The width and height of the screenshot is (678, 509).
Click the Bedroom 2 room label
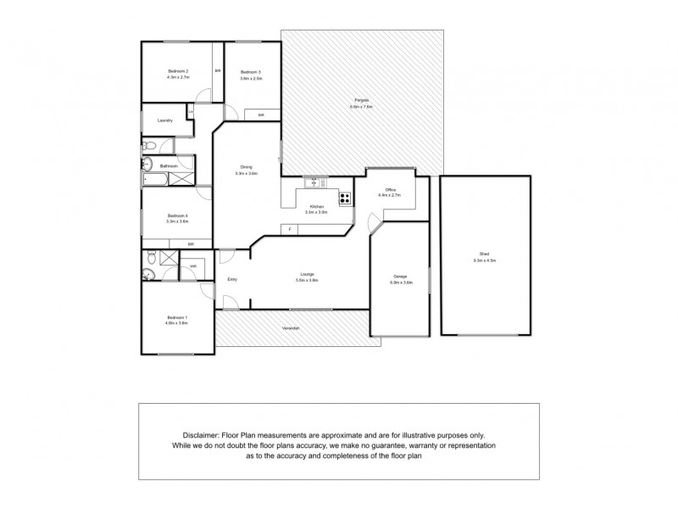[x=177, y=70]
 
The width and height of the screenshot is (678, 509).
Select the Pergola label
[x=363, y=102]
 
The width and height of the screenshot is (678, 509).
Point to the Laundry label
[x=164, y=120]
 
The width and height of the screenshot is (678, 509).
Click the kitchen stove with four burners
[x=346, y=199]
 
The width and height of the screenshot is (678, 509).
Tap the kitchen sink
[x=314, y=182]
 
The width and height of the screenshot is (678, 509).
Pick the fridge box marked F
[x=290, y=229]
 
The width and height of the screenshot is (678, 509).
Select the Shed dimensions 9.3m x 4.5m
[x=484, y=260]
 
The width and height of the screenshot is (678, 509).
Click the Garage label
[x=400, y=277]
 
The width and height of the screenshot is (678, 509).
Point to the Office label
[x=391, y=189]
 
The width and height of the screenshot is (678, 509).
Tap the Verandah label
[x=292, y=327]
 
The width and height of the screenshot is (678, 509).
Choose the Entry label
[x=231, y=279]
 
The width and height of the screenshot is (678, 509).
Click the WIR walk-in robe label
[x=193, y=266]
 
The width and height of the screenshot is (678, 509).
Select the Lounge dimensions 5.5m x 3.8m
[x=307, y=279]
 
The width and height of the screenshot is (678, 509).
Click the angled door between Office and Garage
[x=375, y=224]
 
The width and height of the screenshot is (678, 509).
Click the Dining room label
[x=246, y=166]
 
